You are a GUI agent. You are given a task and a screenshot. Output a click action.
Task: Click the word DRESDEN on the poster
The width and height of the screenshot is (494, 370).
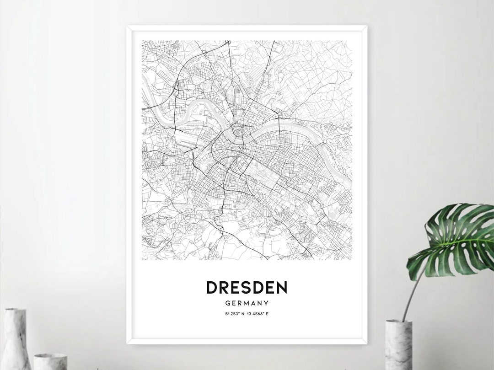coord(247,288)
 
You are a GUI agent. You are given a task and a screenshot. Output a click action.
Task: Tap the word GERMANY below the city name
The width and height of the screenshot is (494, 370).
coord(247,303)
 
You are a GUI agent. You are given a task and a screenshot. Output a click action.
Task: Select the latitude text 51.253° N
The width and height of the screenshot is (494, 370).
coord(235,314)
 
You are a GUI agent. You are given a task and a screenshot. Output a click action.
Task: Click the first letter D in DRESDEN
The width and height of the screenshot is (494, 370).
coord(212,288)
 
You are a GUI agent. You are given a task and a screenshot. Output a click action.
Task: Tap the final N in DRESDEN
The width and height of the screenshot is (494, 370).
coord(281,288)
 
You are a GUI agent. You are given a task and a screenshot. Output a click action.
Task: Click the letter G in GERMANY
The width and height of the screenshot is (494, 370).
coord(227,303)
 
